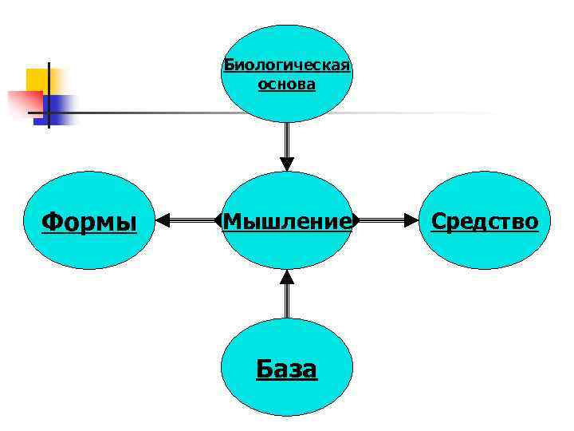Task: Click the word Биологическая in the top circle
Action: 287,65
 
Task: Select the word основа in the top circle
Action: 287,84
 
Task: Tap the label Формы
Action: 88,221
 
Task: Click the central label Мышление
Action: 287,220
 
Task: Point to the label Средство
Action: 485,221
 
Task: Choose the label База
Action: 287,369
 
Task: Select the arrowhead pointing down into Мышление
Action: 287,163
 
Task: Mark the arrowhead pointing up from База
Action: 287,278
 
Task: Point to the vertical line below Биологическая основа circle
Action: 287,139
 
